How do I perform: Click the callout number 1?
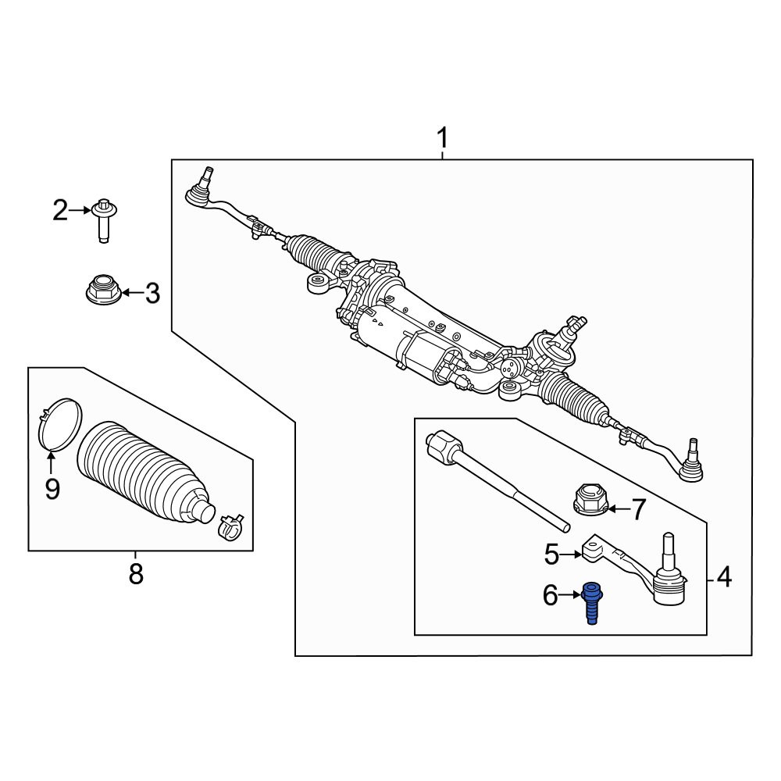click(442, 138)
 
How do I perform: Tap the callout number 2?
click(60, 211)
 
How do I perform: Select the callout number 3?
click(152, 293)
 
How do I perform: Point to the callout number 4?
click(724, 578)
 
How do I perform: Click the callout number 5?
click(552, 555)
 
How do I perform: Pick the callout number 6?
click(551, 595)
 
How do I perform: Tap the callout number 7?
click(639, 509)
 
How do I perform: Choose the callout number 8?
click(136, 573)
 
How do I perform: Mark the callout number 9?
click(52, 489)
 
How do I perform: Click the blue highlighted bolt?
click(592, 603)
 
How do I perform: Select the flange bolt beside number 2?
click(104, 220)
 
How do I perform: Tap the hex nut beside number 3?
click(104, 290)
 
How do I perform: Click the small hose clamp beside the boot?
click(231, 526)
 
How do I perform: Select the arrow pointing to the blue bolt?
click(570, 594)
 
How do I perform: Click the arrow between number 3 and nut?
click(133, 292)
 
